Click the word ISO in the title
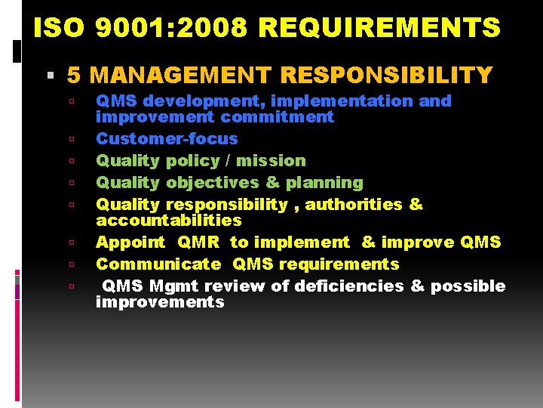pyautogui.click(x=60, y=28)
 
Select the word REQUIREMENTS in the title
pyautogui.click(x=379, y=28)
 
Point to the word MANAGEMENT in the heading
pyautogui.click(x=181, y=75)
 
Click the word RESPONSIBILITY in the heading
pyautogui.click(x=386, y=75)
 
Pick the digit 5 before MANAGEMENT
pyautogui.click(x=74, y=75)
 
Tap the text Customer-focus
pyautogui.click(x=167, y=138)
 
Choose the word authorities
pyautogui.click(x=354, y=204)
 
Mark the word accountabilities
pyautogui.click(x=169, y=220)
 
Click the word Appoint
pyautogui.click(x=130, y=242)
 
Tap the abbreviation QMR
pyautogui.click(x=198, y=242)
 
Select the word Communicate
pyautogui.click(x=158, y=264)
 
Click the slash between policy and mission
pyautogui.click(x=225, y=160)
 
